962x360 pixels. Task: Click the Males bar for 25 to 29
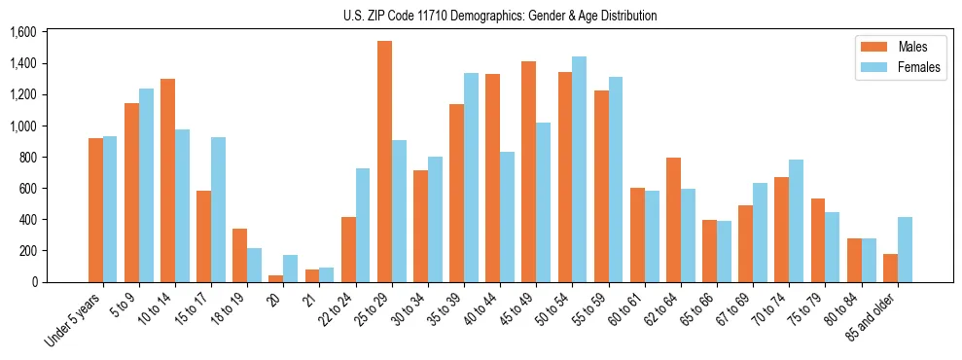tap(384, 162)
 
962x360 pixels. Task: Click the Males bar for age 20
tap(276, 278)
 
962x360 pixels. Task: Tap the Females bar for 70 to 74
tap(796, 221)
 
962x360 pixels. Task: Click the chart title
tap(500, 16)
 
